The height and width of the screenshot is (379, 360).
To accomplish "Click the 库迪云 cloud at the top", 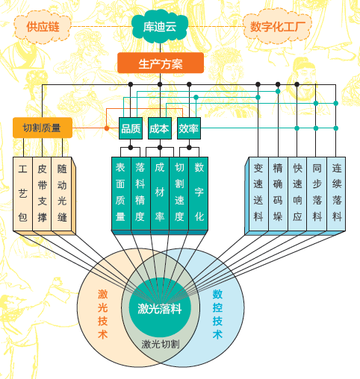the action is (160, 27).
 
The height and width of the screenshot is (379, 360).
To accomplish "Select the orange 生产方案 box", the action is (161, 63).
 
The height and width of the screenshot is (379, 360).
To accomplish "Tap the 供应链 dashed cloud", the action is (43, 27).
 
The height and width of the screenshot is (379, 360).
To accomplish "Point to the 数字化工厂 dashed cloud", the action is (277, 27).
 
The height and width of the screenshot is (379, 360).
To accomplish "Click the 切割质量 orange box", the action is (43, 128).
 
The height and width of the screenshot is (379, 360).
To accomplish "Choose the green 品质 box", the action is (131, 128).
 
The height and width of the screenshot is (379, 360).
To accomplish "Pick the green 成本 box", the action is (160, 128).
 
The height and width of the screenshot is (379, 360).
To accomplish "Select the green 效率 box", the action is (189, 128).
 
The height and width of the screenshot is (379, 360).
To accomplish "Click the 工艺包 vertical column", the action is (22, 194).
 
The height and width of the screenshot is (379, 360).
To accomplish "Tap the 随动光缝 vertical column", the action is (62, 194).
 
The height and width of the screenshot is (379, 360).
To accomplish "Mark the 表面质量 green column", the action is (121, 193).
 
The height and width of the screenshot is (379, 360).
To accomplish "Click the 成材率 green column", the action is (160, 193).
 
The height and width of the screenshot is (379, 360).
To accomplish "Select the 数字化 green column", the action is (199, 193).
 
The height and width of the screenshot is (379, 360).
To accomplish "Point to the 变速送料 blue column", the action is (258, 194).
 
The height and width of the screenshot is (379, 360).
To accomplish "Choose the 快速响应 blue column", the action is (297, 194).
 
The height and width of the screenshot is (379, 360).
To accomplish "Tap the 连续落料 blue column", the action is (336, 194).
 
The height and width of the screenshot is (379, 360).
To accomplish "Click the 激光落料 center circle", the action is (160, 309).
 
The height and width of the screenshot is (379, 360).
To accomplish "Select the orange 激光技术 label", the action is (102, 314).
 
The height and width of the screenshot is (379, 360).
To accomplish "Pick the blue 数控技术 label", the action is (217, 314).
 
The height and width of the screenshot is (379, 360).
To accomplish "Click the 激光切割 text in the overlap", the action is (161, 345).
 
